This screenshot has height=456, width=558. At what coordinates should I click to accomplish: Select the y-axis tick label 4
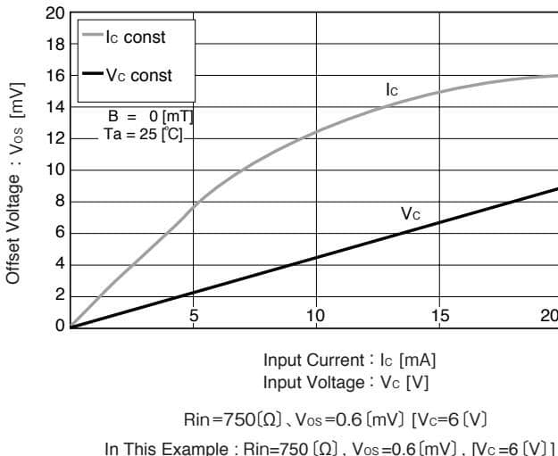(58, 264)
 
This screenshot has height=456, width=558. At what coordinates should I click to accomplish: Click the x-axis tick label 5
(193, 315)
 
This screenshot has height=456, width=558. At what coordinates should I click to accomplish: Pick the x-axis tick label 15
(441, 315)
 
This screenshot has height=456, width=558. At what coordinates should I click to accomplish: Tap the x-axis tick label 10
(315, 315)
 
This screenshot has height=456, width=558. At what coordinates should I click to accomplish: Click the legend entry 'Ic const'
(135, 37)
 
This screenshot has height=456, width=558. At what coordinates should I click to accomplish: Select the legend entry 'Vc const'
(138, 76)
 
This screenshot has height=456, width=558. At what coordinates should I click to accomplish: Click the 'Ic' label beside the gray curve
(392, 90)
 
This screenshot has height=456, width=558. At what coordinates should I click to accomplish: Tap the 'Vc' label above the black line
(410, 214)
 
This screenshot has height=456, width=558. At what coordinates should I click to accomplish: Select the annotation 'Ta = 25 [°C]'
(144, 134)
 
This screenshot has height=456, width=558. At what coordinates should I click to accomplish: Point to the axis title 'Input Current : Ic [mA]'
(350, 361)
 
